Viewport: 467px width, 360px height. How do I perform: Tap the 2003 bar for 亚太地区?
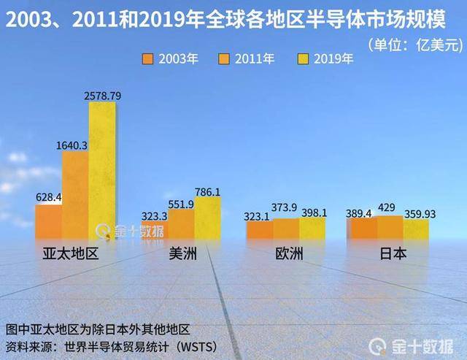pyautogui.click(x=48, y=222)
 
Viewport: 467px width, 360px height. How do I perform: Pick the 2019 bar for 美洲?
pyautogui.click(x=207, y=218)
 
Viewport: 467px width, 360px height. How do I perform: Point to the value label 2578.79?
pyautogui.click(x=102, y=96)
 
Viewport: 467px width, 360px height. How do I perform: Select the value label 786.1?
pyautogui.click(x=207, y=191)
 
